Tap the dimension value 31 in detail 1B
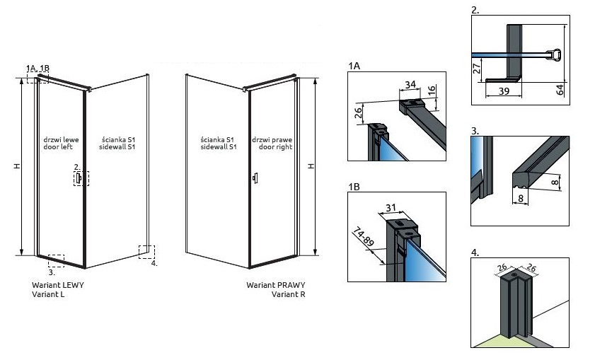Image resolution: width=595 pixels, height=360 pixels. pos(391,208)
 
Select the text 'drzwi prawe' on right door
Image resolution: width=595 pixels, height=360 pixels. pos(274,140)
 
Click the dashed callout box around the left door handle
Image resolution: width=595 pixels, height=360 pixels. pos(81,176)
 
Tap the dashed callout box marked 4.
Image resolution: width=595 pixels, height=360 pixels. pos(148,252)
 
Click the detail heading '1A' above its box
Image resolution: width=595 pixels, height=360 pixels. pos(354,66)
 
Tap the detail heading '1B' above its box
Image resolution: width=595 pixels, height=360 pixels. pos(354,187)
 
